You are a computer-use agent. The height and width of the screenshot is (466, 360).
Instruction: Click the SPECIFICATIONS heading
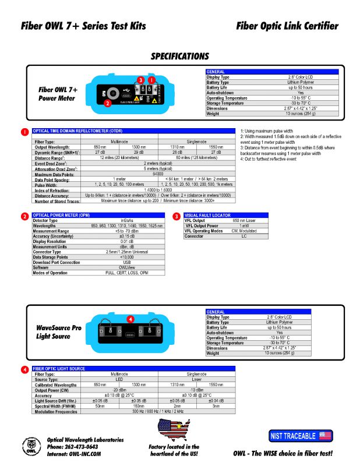(x=179, y=57)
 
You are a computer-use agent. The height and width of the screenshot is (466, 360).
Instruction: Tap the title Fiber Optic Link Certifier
(x=287, y=26)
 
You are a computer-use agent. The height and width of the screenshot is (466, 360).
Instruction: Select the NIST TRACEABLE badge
(x=301, y=435)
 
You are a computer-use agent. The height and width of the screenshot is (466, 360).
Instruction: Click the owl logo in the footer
(x=29, y=446)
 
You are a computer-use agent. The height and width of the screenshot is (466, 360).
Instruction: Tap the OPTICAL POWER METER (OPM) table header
(x=61, y=216)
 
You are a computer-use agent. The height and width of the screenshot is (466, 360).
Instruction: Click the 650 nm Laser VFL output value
(x=244, y=221)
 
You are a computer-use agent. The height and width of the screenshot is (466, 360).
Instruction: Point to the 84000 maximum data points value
(x=158, y=174)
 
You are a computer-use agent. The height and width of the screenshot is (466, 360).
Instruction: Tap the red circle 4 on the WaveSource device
(x=130, y=319)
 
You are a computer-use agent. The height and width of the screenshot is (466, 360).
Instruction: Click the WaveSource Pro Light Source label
(x=58, y=332)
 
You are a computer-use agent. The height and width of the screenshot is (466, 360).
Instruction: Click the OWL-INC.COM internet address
(x=73, y=453)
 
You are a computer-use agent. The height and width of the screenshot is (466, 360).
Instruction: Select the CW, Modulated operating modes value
(x=244, y=231)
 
